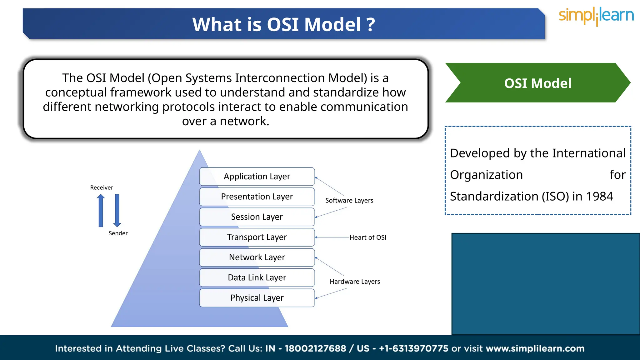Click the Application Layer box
tap(257, 177)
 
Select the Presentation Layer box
tap(257, 197)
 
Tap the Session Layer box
tap(257, 217)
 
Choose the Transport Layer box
tap(257, 237)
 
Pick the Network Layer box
tap(257, 257)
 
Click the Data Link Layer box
tap(257, 277)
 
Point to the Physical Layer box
tap(257, 298)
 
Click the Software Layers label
tap(349, 200)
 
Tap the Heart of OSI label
tap(368, 237)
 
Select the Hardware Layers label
tap(355, 282)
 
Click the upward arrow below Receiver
tap(101, 210)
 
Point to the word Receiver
tap(102, 187)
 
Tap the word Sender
tap(118, 233)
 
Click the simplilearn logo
tap(596, 16)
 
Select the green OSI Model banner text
tap(538, 83)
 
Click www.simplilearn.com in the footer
tap(535, 348)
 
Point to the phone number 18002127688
tap(315, 348)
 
